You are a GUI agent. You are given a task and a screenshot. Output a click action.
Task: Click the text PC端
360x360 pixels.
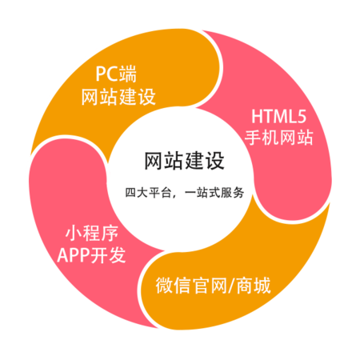click(116, 74)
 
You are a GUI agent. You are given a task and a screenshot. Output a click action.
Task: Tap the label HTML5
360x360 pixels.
click(279, 117)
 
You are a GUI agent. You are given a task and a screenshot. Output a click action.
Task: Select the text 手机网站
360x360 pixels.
click(279, 138)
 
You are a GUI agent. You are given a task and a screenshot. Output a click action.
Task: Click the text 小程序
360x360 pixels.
click(92, 234)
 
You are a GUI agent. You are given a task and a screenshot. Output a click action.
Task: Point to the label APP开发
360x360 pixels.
click(91, 255)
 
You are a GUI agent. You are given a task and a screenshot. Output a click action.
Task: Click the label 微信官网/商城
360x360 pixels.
click(213, 286)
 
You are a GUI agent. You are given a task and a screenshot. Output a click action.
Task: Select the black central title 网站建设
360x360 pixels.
click(184, 161)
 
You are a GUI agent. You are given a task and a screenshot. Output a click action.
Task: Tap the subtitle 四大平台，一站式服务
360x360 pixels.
click(185, 193)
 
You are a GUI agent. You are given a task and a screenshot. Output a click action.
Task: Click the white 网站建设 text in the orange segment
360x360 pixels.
click(118, 97)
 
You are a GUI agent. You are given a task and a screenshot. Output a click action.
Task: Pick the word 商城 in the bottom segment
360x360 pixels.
click(254, 286)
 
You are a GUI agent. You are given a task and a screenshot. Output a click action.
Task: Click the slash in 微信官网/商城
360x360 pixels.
click(231, 286)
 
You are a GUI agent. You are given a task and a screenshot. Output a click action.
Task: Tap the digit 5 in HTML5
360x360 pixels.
click(302, 117)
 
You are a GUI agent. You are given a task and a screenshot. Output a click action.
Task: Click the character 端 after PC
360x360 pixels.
click(128, 74)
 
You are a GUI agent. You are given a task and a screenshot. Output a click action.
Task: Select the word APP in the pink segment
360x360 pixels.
click(74, 255)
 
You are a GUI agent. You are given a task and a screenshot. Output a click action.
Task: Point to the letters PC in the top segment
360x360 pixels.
click(107, 74)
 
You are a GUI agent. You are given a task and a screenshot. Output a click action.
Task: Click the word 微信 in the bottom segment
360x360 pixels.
click(174, 286)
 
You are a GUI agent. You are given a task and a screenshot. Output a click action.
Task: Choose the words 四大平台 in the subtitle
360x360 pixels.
click(148, 193)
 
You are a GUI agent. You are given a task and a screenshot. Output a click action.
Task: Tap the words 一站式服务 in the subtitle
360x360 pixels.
click(214, 193)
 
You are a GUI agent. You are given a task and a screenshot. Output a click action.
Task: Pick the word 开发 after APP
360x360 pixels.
click(109, 255)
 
